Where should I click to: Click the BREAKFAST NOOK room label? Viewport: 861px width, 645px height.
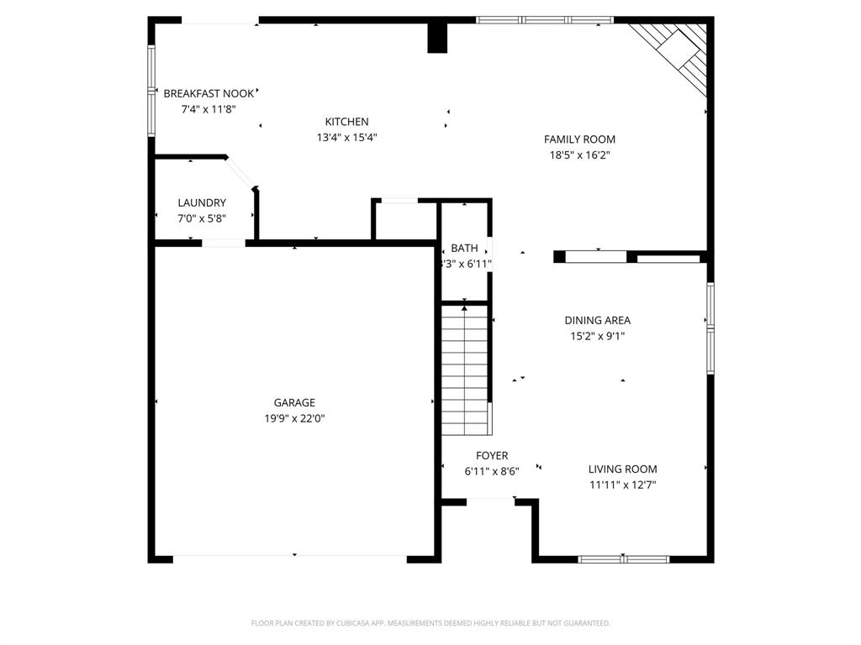tap(208, 93)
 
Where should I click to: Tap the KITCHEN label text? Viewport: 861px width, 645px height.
tap(346, 122)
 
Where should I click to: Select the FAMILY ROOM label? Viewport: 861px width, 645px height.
tap(579, 139)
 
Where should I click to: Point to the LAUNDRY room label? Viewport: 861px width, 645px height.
tap(202, 202)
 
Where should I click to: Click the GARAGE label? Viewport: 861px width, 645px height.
tap(294, 402)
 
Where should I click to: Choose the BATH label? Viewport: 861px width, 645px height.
tap(464, 248)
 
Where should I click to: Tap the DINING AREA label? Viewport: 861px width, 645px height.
tap(597, 320)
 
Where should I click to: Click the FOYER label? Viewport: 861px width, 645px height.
tap(492, 455)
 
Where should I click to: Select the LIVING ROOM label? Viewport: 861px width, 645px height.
tap(622, 469)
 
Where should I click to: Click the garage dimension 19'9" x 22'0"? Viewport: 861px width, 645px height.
tap(294, 418)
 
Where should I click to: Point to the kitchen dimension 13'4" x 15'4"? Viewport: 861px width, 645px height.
tap(346, 138)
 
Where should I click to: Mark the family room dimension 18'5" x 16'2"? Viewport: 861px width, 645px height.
tap(579, 155)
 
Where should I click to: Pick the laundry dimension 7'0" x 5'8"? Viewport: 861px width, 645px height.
tap(202, 218)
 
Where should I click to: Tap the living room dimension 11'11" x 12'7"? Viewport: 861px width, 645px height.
tap(622, 485)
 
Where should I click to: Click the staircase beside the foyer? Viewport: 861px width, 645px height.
tap(466, 370)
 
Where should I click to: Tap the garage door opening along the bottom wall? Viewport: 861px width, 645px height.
tap(290, 556)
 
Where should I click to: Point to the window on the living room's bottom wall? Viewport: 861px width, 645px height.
tap(624, 558)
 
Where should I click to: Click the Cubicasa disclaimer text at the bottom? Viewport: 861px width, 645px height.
tap(430, 623)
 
